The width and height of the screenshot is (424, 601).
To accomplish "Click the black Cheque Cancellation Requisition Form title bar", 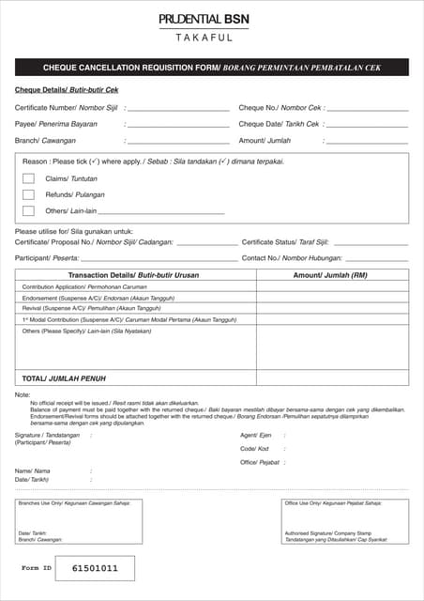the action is pyautogui.click(x=211, y=68).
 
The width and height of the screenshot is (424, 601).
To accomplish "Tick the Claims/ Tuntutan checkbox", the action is pyautogui.click(x=28, y=178).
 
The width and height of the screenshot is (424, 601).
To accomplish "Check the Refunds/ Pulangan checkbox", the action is pyautogui.click(x=28, y=194).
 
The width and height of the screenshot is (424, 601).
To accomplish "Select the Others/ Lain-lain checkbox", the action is pyautogui.click(x=28, y=211).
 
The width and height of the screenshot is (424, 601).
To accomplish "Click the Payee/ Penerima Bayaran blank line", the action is pyautogui.click(x=177, y=125).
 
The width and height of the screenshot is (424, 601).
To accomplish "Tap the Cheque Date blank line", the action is pyautogui.click(x=368, y=125).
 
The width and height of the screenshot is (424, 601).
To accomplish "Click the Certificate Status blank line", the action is pyautogui.click(x=371, y=243).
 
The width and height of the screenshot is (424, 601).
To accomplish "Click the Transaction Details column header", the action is pyautogui.click(x=135, y=275).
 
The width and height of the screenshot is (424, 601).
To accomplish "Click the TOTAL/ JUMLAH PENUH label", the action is pyautogui.click(x=63, y=378).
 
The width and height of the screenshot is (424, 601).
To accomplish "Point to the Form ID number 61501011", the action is pyautogui.click(x=96, y=569).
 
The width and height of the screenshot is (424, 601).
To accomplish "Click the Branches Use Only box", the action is pyautogui.click(x=79, y=521).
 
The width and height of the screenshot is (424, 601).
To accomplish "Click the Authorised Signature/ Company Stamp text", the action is pyautogui.click(x=324, y=533).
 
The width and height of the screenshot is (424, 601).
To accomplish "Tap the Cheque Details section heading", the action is pyautogui.click(x=67, y=90).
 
